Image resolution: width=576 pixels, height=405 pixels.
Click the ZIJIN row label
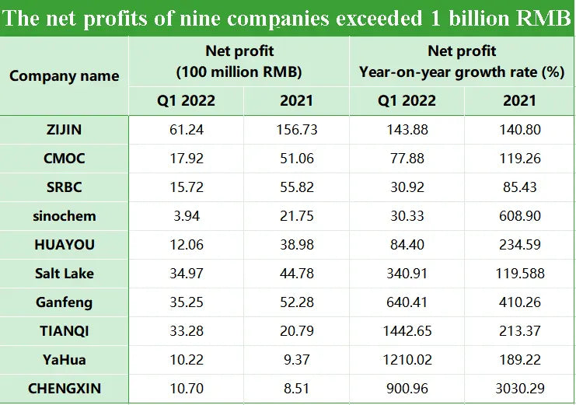tap(65, 130)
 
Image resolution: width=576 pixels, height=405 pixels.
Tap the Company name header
tap(65, 76)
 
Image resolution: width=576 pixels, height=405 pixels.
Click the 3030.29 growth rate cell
tap(518, 388)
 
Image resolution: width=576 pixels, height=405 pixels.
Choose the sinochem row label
tap(65, 216)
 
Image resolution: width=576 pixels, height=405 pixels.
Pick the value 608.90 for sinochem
tap(518, 216)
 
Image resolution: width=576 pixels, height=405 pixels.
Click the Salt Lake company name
tap(65, 274)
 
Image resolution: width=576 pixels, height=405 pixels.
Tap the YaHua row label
tap(65, 359)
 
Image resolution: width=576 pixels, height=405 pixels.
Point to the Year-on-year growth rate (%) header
tap(462, 72)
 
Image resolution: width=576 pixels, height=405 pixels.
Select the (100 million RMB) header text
tap(239, 72)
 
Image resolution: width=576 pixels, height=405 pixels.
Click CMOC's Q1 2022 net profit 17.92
tap(187, 159)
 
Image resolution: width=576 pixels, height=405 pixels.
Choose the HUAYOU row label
tap(65, 245)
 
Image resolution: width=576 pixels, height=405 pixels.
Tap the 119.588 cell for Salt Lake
tap(518, 274)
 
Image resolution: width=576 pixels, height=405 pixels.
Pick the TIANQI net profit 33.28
tap(187, 330)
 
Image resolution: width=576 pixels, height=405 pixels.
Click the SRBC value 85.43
tap(518, 187)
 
